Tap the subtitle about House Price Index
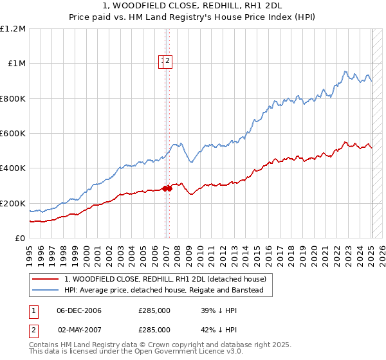[193, 19]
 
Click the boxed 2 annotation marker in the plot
[167, 61]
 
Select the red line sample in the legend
[46, 279]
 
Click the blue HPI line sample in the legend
[46, 291]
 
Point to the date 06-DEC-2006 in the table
[79, 310]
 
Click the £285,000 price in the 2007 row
[154, 329]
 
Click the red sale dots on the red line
[167, 188]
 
